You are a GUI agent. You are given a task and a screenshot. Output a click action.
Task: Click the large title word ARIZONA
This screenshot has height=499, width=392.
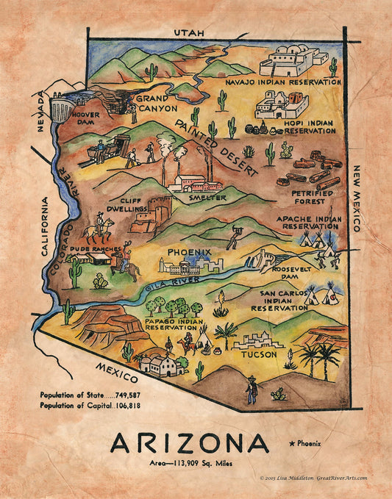coord(190,443)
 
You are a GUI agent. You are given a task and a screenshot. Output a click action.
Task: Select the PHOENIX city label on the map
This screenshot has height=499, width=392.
coord(189,251)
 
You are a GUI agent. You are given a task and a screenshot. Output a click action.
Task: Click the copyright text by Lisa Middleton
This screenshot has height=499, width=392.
coord(313,478)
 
